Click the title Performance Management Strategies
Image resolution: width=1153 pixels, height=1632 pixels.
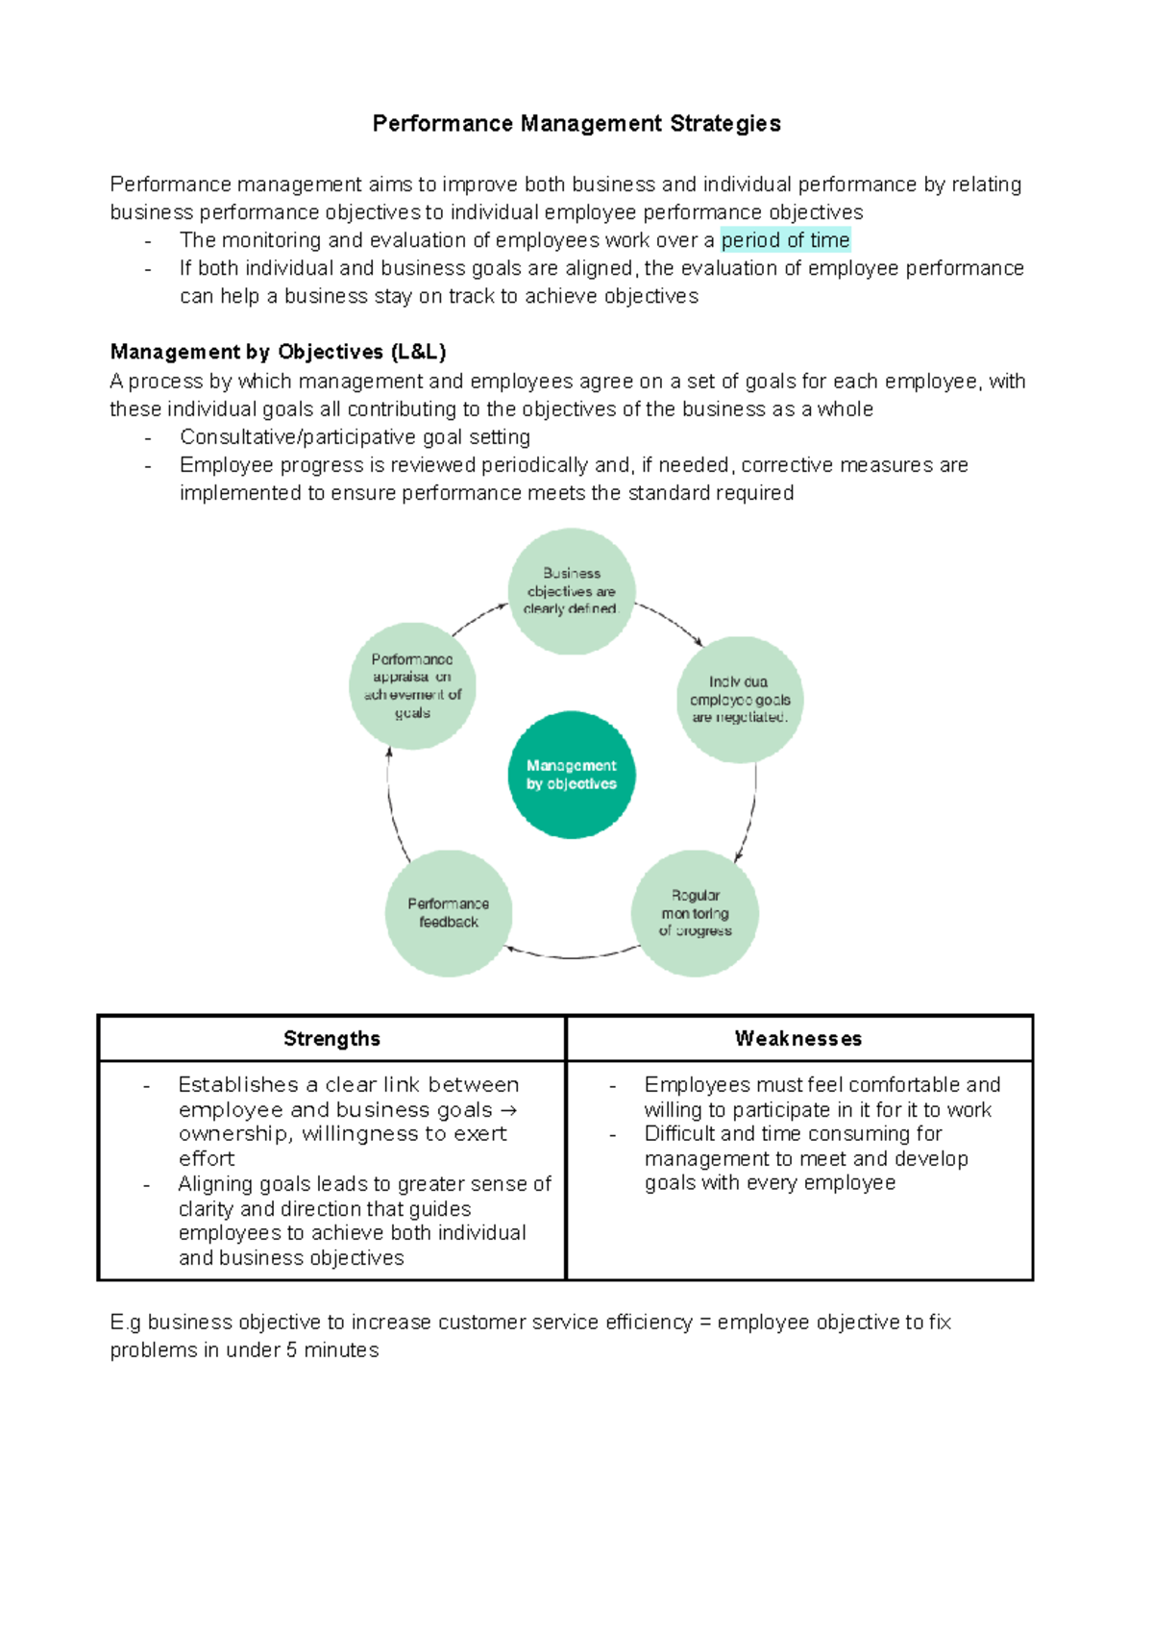click(576, 124)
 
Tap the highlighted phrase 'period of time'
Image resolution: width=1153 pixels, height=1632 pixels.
click(785, 240)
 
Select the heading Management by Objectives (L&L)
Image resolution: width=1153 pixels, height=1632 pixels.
click(278, 352)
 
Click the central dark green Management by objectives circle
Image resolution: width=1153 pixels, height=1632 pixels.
click(572, 775)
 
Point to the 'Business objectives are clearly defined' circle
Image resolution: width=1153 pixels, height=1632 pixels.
click(572, 591)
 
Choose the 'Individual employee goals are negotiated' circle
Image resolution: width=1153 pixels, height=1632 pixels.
click(740, 700)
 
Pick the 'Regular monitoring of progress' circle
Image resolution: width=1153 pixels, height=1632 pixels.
click(695, 913)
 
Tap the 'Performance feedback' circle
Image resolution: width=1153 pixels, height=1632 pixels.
click(449, 913)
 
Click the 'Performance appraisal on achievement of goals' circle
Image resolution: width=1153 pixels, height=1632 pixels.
click(412, 686)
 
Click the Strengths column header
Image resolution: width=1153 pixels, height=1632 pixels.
click(331, 1039)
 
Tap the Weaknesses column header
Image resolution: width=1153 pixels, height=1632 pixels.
click(798, 1039)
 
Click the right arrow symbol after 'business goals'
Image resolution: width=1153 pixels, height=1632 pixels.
click(509, 1110)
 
